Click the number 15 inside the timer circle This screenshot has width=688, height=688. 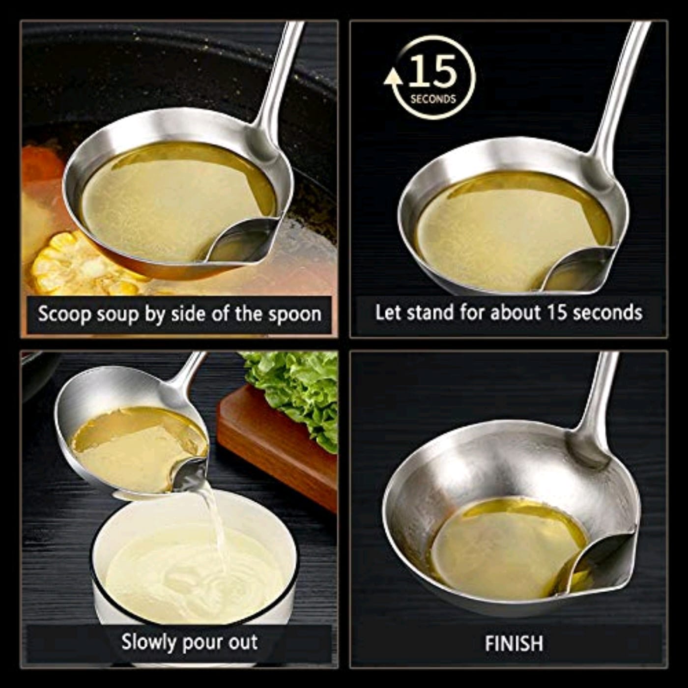tap(432, 71)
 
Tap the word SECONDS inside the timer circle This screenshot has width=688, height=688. tap(433, 99)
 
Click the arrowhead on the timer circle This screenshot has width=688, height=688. tap(393, 78)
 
